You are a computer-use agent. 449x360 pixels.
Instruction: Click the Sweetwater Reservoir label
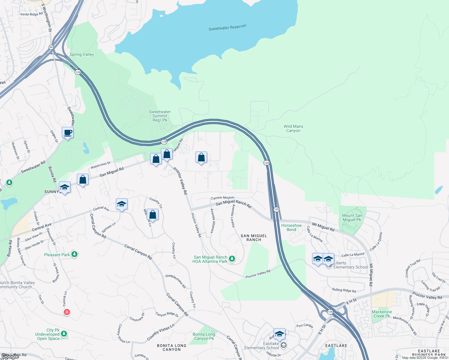[x=227, y=28]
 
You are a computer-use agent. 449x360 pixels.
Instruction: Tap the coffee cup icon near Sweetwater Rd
[x=68, y=133]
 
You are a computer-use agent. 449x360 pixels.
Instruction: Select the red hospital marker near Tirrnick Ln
[x=67, y=312]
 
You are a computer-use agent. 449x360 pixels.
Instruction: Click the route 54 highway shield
[x=51, y=47]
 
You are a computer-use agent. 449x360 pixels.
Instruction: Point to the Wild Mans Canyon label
[x=293, y=128]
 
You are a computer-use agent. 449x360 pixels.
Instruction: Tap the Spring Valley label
[x=82, y=54]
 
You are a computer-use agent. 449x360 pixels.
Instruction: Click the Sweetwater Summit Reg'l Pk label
[x=160, y=116]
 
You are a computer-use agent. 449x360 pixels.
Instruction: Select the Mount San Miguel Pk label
[x=352, y=217]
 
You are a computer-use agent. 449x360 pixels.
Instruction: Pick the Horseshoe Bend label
[x=291, y=227]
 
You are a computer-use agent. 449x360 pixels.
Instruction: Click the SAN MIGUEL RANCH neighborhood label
[x=254, y=238]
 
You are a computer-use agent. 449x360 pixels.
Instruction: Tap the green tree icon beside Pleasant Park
[x=74, y=254]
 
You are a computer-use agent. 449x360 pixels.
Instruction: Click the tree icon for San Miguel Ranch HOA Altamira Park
[x=232, y=258]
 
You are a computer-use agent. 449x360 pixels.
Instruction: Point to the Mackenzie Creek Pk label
[x=382, y=314]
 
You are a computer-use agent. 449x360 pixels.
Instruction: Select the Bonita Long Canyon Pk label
[x=204, y=336]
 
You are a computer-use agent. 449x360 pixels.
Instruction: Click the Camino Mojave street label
[x=222, y=198]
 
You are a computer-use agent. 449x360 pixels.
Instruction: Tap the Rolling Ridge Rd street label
[x=344, y=290]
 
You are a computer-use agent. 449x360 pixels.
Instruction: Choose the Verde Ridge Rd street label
[x=31, y=14]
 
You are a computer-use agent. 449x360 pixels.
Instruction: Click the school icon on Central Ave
[x=122, y=204]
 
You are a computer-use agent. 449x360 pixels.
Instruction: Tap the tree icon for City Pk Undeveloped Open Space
[x=64, y=333]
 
